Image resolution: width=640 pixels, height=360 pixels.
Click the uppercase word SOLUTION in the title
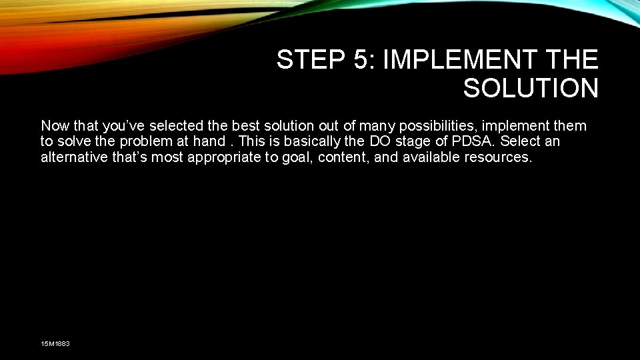click(531, 88)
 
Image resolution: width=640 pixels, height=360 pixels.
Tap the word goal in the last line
click(289, 158)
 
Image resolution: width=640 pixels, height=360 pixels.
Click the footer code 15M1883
click(55, 343)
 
